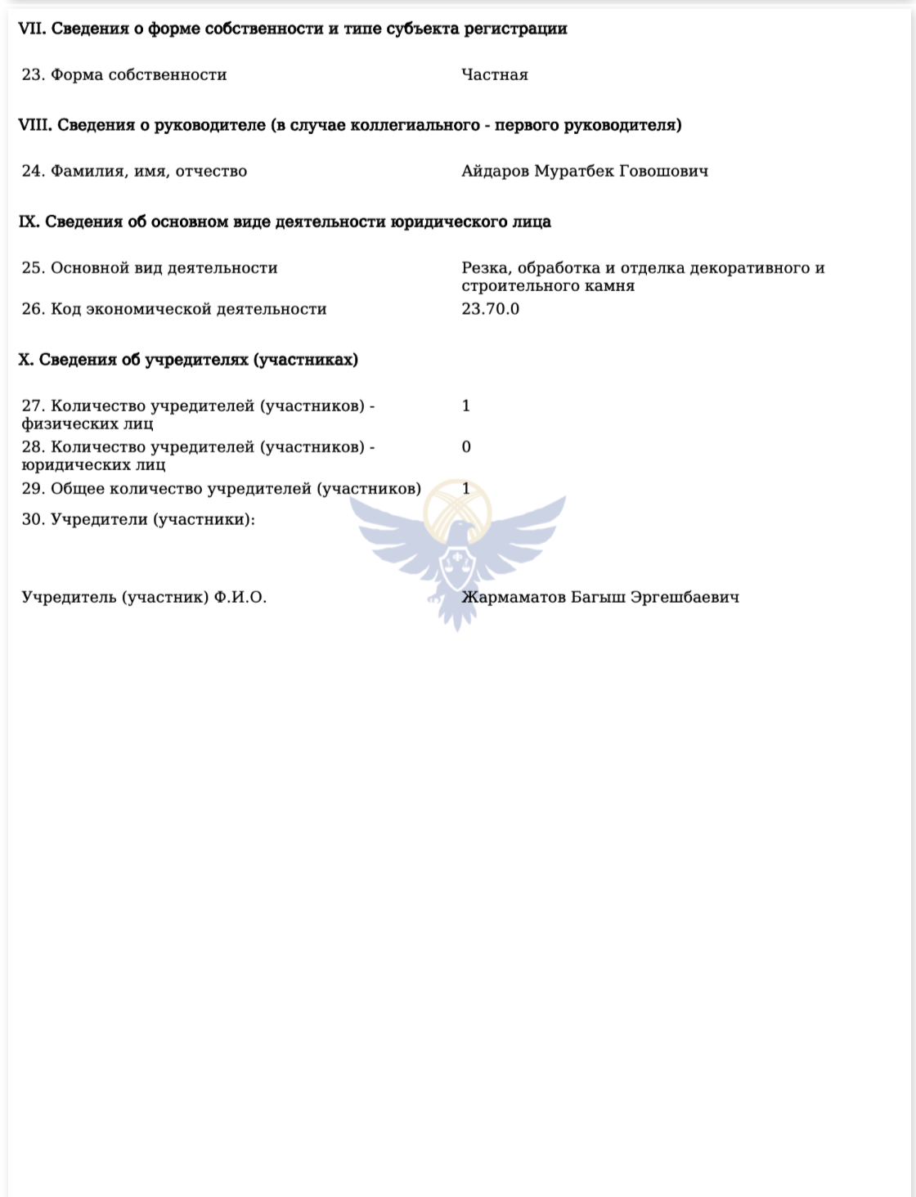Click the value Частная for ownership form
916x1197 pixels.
494,75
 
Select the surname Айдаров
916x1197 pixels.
495,172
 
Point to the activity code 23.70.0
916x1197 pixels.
490,309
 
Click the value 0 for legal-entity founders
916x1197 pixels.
466,447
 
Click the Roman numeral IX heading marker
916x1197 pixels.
29,222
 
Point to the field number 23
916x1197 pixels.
33,75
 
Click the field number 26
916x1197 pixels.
33,309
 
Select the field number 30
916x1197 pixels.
33,520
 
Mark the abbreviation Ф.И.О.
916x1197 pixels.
240,598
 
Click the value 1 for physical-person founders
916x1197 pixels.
466,406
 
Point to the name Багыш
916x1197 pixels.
599,598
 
